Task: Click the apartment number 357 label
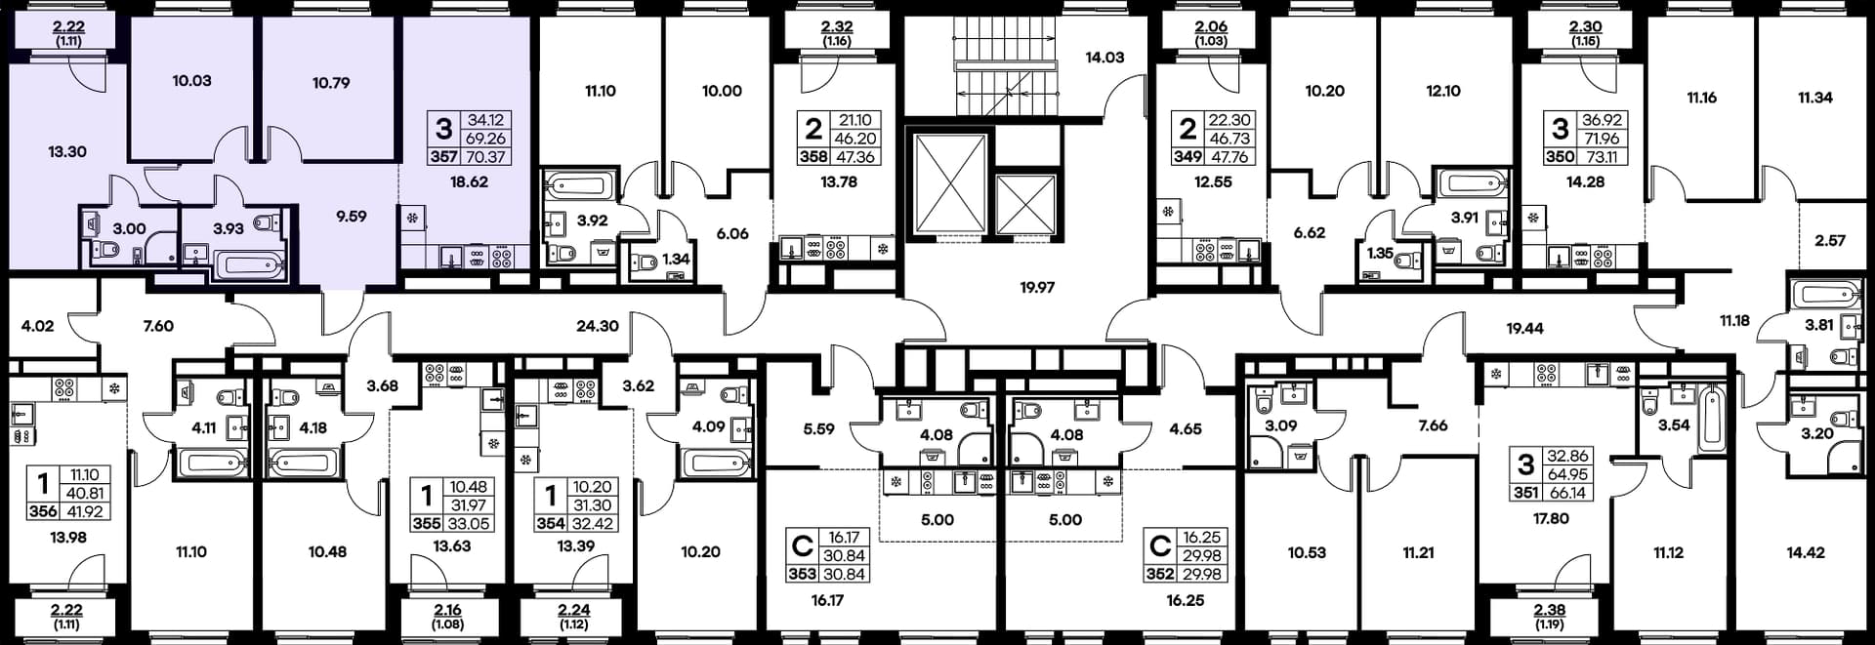click(443, 156)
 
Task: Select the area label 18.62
click(469, 181)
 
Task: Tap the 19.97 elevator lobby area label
click(1037, 288)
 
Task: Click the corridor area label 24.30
click(598, 326)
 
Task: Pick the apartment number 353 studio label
click(802, 574)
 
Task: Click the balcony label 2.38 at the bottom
click(1550, 611)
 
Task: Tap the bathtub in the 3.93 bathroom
click(250, 264)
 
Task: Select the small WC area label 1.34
click(676, 260)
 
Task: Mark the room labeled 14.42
click(1806, 552)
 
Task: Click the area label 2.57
click(1830, 240)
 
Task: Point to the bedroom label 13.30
click(67, 152)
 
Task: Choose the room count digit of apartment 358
click(813, 129)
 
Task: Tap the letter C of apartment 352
click(1160, 544)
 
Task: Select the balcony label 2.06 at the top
click(1211, 27)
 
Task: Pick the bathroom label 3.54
click(1674, 425)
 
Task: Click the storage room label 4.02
click(37, 326)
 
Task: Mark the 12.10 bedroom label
click(1443, 91)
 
